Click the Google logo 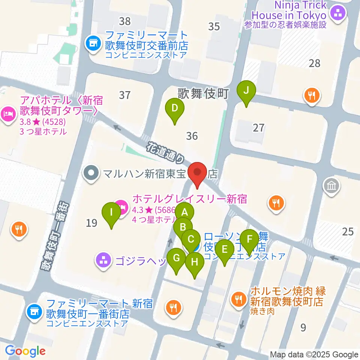coord(25,351)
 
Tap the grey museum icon coord(333,186)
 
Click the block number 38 coord(124,21)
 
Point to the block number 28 coord(314,63)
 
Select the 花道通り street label coord(165,152)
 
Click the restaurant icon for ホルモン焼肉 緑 coord(238,299)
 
